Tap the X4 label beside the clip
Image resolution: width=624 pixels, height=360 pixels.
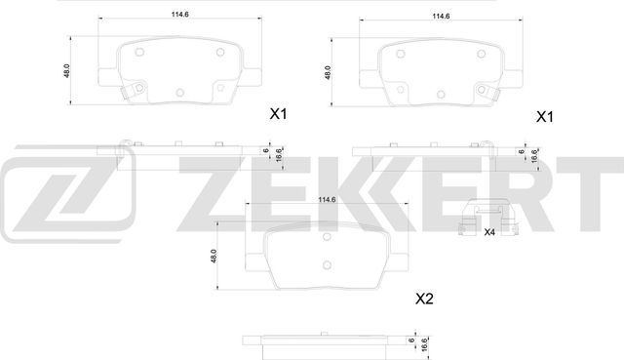(490, 231)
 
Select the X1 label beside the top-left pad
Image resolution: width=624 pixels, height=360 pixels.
(278, 115)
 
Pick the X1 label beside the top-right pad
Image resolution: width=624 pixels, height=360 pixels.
(544, 116)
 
